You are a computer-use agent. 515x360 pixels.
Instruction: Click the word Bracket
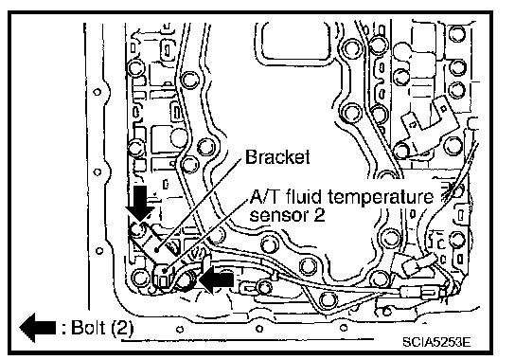(277, 157)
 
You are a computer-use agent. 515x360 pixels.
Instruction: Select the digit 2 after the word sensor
(319, 215)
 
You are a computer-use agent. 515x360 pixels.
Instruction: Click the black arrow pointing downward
(140, 203)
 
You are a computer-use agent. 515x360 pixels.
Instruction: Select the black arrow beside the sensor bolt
(217, 279)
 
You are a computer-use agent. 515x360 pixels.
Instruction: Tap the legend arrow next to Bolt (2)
(38, 328)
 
